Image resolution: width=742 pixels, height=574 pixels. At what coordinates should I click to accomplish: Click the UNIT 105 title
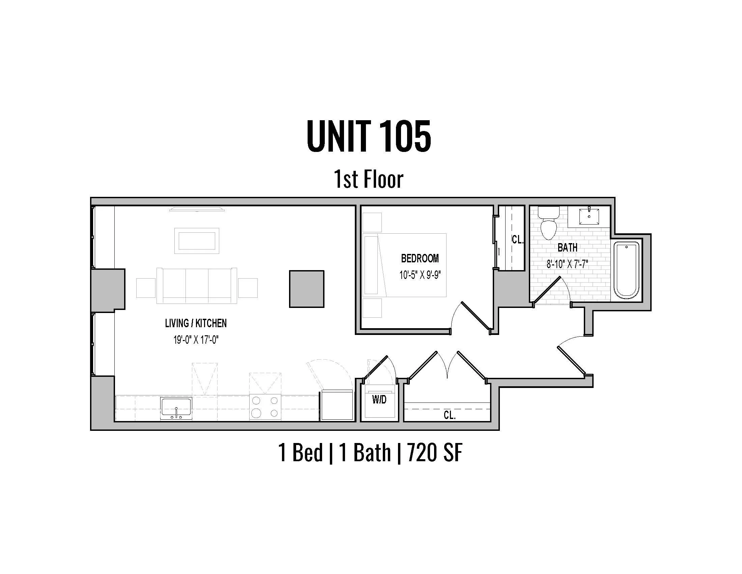pos(369,136)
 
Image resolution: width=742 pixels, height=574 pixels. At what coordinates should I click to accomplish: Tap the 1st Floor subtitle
pos(369,179)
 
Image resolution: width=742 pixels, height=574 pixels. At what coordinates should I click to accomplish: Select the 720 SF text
pos(434,452)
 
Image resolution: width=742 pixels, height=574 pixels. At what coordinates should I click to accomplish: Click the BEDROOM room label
pos(420,258)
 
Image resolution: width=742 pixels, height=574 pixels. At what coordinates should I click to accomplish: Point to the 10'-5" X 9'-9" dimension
pos(420,275)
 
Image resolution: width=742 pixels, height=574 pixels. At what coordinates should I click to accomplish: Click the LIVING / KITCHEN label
pos(196,323)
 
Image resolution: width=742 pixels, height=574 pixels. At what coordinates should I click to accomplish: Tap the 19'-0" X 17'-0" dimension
pos(196,339)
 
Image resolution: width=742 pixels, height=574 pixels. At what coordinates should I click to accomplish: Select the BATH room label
pos(567,247)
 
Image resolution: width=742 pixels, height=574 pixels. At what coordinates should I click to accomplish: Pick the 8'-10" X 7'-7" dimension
pos(567,264)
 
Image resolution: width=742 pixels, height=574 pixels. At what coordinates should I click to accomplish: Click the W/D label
pos(379,399)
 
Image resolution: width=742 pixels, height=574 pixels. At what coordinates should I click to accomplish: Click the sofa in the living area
pos(197,286)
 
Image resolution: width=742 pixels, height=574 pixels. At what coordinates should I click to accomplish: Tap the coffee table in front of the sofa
pos(197,241)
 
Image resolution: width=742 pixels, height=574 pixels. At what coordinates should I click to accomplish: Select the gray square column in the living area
pos(307,289)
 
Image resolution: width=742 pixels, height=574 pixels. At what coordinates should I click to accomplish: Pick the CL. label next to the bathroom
pos(517,240)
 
